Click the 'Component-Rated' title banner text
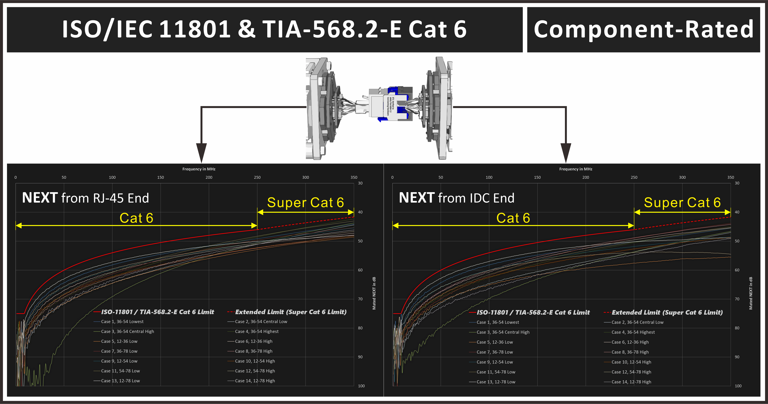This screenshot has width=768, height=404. coord(643,30)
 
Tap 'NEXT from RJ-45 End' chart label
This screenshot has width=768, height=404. coord(86,198)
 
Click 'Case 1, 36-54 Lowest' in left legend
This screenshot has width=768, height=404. coord(122,321)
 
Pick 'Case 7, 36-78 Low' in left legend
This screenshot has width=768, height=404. coord(119,351)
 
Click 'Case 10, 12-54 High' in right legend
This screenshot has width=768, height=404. coord(631,362)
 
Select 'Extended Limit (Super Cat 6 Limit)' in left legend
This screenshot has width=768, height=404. coord(291,312)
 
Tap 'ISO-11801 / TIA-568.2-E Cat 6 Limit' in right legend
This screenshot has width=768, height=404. coord(533,313)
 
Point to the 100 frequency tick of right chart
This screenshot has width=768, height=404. coord(489,177)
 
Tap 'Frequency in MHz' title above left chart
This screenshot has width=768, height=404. coord(199,169)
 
